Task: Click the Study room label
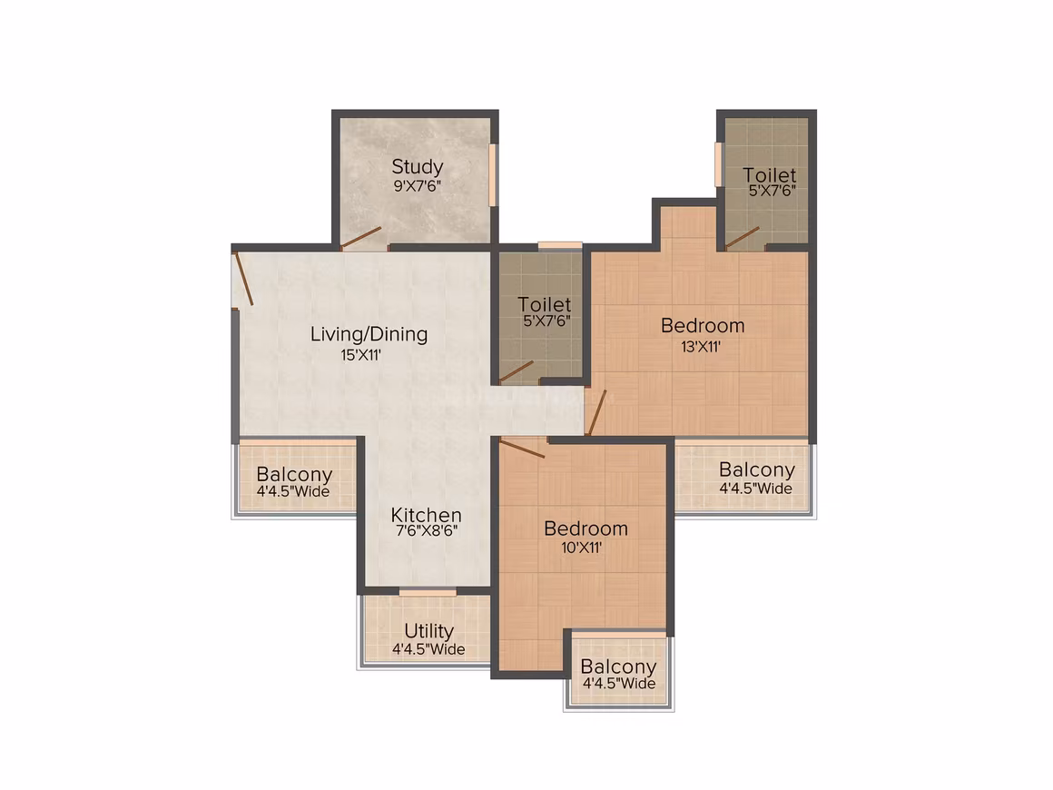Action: [x=417, y=167]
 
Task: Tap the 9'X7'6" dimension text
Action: [x=417, y=186]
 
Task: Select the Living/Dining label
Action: [x=369, y=334]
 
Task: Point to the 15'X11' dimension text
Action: [x=360, y=355]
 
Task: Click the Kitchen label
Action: [x=427, y=515]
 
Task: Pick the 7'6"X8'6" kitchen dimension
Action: [x=427, y=530]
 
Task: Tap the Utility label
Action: [x=428, y=631]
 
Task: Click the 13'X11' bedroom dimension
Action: [x=701, y=347]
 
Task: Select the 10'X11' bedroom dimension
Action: [x=582, y=548]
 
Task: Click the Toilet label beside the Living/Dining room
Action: [x=545, y=304]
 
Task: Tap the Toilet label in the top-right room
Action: [x=770, y=175]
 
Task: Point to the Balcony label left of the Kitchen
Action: [x=295, y=474]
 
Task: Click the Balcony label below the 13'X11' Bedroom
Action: [x=757, y=469]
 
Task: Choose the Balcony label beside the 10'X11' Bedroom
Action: [x=618, y=667]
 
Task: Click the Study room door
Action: [x=361, y=238]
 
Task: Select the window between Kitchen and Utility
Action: [x=428, y=592]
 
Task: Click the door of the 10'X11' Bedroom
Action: [x=522, y=449]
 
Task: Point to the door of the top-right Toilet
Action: [x=743, y=239]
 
